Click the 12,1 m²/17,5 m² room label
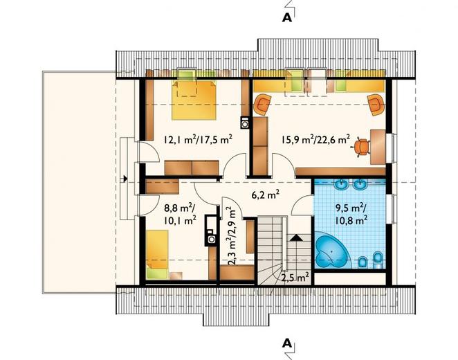click(x=198, y=139)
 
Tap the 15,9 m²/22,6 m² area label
click(x=315, y=139)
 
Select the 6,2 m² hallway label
click(x=266, y=194)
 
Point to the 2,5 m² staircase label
click(x=295, y=277)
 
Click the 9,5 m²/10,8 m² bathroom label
click(x=351, y=214)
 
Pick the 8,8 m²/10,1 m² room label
click(x=180, y=214)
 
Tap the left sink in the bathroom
click(x=340, y=184)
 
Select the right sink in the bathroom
click(x=360, y=184)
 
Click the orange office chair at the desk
click(x=363, y=147)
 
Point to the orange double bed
click(x=194, y=100)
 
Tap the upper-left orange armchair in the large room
click(x=263, y=105)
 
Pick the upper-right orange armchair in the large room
click(x=376, y=105)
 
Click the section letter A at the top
click(x=287, y=18)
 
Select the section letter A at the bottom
click(x=287, y=343)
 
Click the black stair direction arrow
click(x=297, y=237)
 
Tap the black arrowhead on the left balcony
click(x=125, y=178)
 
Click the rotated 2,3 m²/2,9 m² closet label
click(x=232, y=236)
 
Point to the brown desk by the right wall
click(x=378, y=147)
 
